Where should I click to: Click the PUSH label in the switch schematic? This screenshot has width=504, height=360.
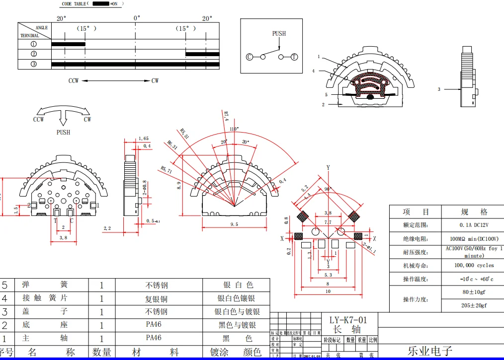[279, 34]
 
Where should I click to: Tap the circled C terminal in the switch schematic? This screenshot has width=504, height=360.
[250, 57]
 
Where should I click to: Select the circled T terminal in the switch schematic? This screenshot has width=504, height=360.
[294, 57]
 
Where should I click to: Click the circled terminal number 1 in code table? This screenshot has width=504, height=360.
[34, 44]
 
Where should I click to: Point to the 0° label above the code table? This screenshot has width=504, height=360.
[137, 18]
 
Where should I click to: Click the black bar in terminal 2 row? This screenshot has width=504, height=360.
[202, 54]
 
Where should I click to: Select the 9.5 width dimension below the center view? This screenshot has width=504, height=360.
[234, 224]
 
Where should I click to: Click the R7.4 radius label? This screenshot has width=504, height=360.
[225, 116]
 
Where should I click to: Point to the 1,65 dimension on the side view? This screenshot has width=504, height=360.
[144, 139]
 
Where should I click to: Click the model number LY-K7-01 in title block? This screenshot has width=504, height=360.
[348, 320]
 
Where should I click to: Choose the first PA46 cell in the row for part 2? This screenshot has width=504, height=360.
[154, 325]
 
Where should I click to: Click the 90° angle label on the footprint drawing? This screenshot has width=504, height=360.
[328, 189]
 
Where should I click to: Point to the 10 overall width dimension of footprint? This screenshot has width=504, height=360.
[328, 291]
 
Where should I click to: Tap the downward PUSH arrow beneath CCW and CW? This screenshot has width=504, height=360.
[63, 119]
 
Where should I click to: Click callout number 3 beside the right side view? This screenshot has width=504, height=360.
[439, 89]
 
